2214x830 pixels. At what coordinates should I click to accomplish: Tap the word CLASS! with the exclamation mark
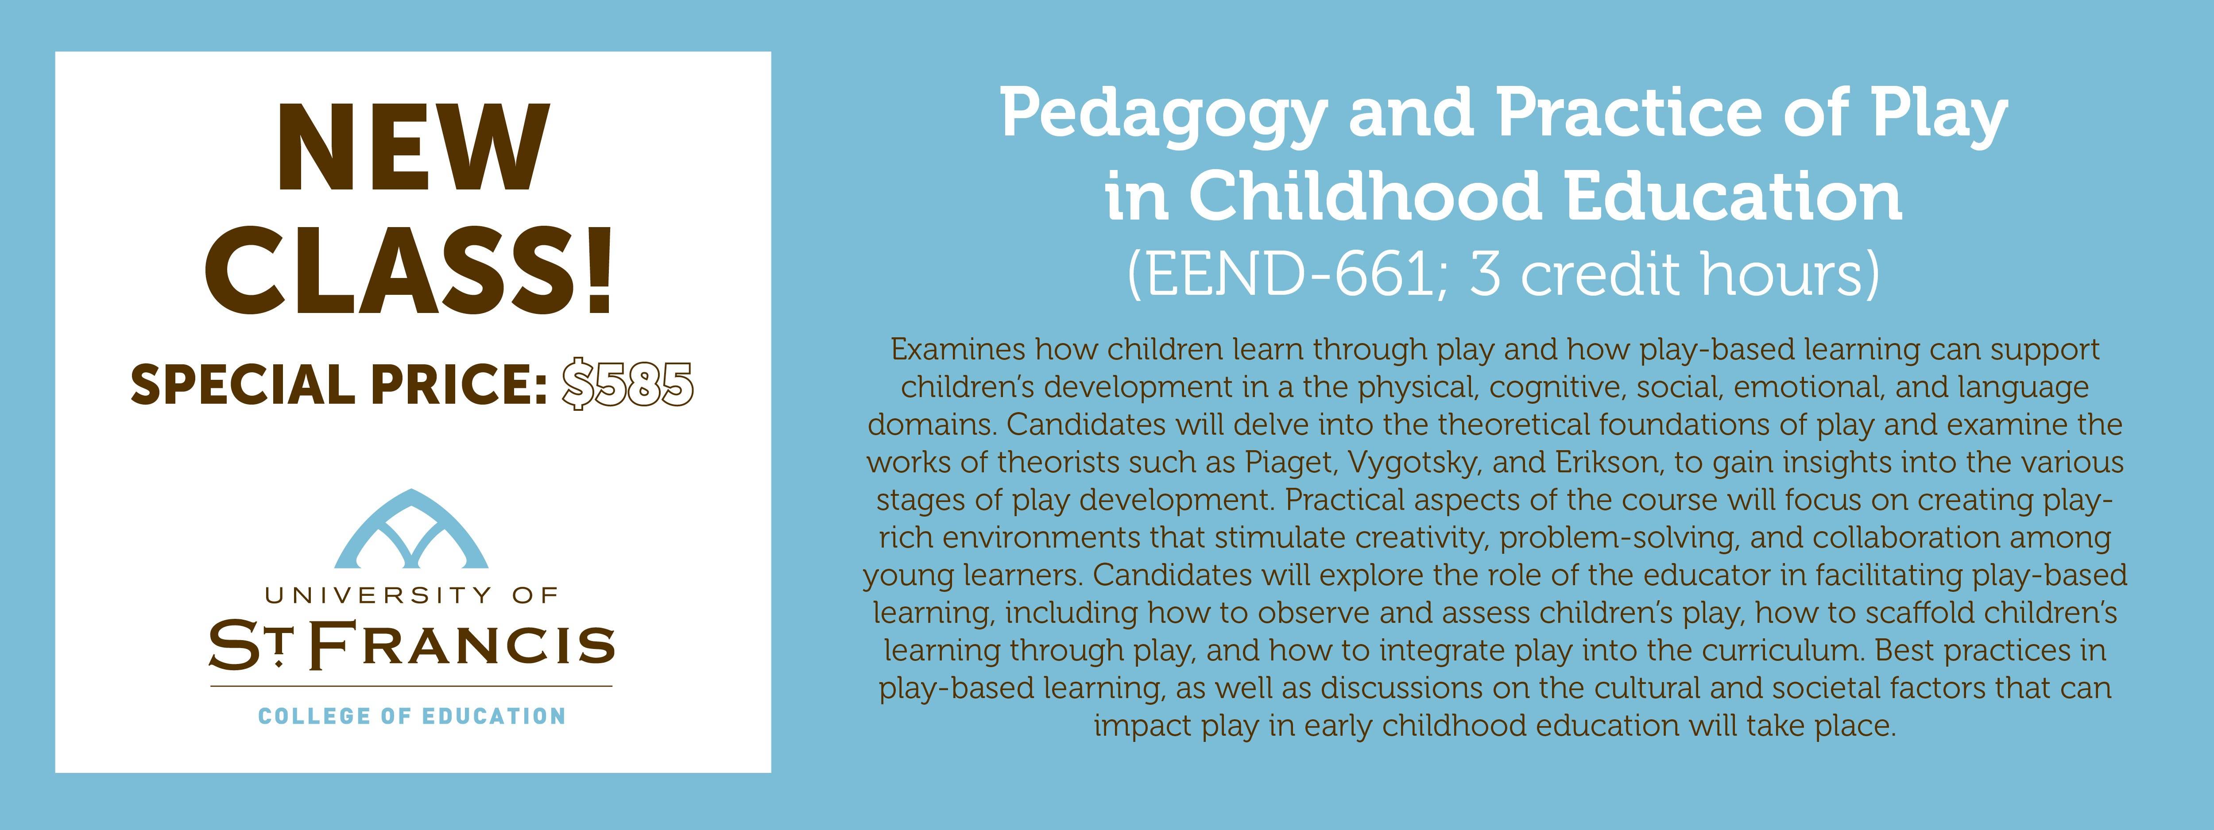click(410, 271)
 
